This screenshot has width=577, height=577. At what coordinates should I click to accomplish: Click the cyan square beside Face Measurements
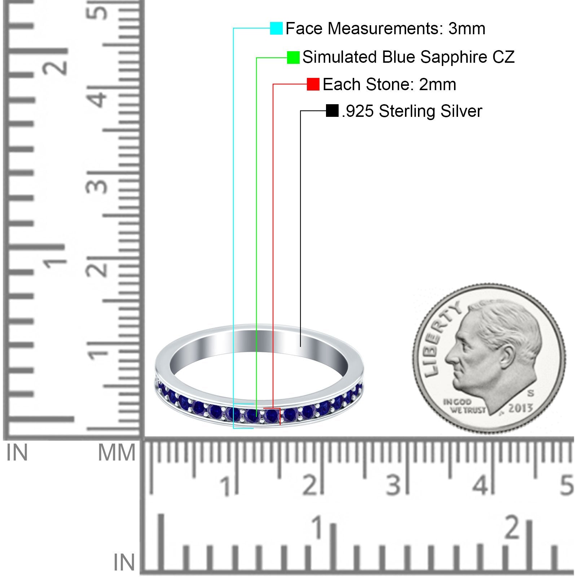point(276,28)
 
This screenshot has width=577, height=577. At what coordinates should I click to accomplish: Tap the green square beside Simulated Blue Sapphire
point(293,57)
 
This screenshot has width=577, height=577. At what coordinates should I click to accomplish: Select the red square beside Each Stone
point(313,84)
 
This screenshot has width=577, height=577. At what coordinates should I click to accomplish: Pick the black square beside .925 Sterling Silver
point(332,111)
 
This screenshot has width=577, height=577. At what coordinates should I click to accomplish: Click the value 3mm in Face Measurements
point(467,28)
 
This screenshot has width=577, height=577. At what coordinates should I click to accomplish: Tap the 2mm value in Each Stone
point(437,84)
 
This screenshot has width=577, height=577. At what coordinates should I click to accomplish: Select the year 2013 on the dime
point(520,408)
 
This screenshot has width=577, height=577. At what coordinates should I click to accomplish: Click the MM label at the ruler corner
point(116,453)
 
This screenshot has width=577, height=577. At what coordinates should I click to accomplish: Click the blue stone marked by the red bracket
point(271,417)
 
